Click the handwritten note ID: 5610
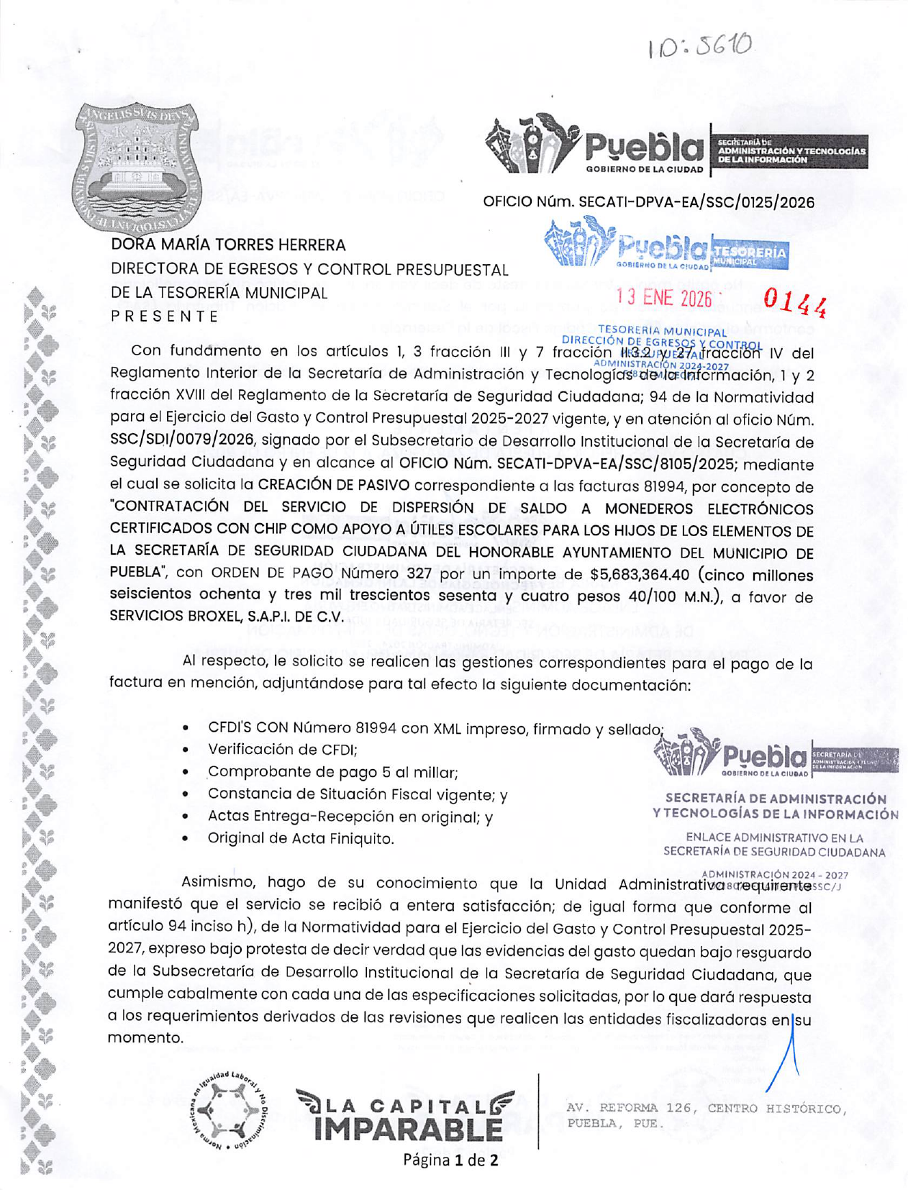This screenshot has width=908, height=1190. [700, 47]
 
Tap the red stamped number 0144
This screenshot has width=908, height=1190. [794, 303]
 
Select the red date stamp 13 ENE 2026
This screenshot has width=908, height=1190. [663, 298]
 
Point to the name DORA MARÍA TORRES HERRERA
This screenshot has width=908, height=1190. [228, 245]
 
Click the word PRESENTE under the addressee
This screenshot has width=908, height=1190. [165, 316]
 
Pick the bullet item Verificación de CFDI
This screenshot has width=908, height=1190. [282, 750]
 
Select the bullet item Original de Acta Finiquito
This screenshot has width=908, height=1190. [301, 838]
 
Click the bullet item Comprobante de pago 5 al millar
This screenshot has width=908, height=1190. [332, 773]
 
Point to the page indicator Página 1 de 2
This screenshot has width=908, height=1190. [450, 1160]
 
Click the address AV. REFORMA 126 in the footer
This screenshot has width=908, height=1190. [705, 1109]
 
